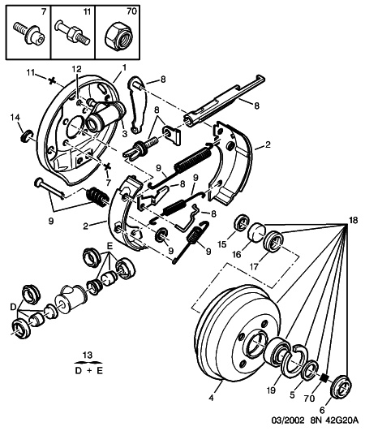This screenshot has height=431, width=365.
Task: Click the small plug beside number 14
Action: click(25, 133)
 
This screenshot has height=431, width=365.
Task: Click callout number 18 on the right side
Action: click(353, 220)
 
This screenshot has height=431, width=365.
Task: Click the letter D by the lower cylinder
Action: click(10, 306)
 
